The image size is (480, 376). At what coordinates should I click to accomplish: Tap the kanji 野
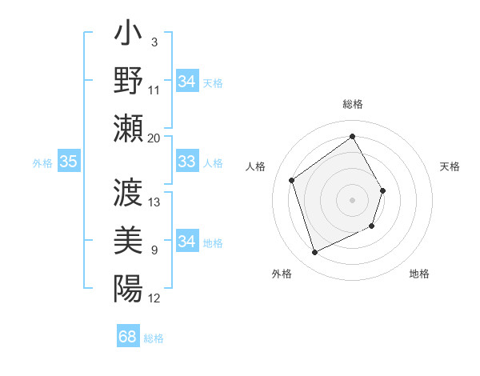128,81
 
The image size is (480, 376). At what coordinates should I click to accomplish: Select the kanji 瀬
128,126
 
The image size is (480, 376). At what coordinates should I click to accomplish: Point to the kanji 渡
128,193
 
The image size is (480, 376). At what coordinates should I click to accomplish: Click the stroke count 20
154,138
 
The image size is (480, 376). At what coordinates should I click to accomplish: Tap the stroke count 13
154,202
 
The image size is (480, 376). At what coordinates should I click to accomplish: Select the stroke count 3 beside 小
154,42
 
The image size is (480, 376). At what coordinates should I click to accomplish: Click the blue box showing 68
128,337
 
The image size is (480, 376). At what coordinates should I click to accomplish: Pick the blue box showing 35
68,162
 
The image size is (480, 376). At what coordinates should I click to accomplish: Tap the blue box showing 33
187,162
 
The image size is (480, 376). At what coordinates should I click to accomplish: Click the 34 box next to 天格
187,82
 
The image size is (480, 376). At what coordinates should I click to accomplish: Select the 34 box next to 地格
187,242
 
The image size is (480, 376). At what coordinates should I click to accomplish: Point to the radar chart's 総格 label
352,104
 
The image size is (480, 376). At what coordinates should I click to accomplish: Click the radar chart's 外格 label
282,274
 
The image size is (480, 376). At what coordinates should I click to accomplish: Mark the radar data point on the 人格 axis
292,181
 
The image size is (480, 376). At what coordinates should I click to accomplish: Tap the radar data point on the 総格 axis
352,136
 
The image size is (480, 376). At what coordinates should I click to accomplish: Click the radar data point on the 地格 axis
373,226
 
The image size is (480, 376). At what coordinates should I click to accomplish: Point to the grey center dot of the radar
352,199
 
